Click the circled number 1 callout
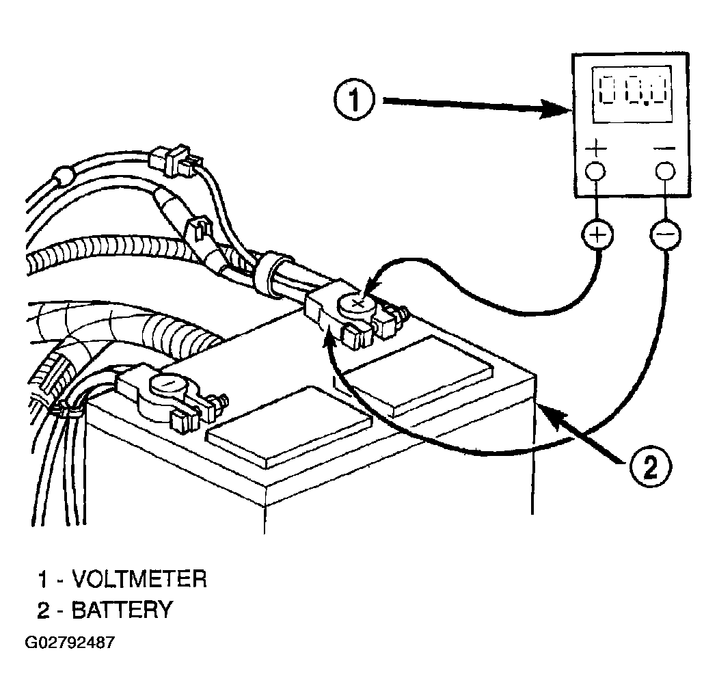point(354,99)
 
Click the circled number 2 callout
point(650,468)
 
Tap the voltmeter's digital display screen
point(632,94)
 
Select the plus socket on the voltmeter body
point(596,172)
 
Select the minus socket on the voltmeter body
point(665,172)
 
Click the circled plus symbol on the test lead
point(597,234)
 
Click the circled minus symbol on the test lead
point(665,234)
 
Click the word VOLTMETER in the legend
point(140,579)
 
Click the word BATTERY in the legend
point(122,610)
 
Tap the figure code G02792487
point(70,643)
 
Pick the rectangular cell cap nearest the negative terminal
point(290,427)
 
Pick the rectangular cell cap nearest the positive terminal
point(419,376)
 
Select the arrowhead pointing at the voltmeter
point(556,109)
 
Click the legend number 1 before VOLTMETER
point(42,579)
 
